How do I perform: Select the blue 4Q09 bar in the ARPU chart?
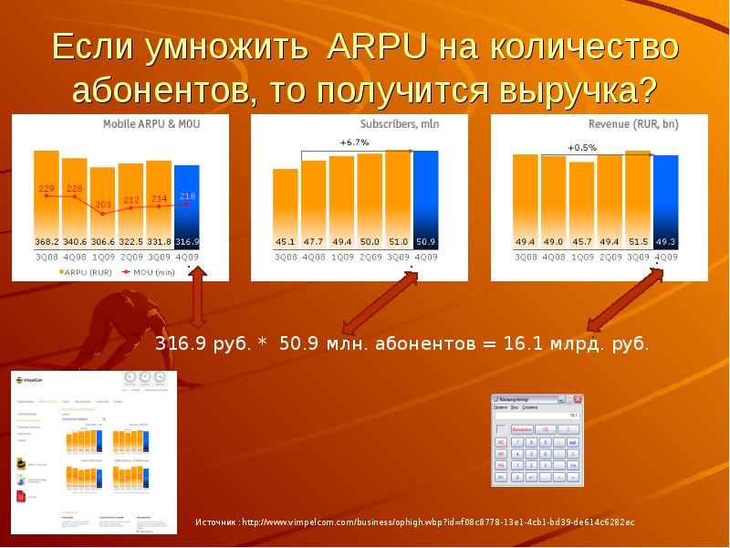(187, 205)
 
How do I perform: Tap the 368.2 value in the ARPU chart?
(47, 242)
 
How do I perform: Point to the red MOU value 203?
(103, 205)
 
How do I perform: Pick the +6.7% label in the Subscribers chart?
(354, 142)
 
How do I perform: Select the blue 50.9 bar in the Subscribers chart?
(425, 201)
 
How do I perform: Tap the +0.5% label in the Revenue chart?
(582, 147)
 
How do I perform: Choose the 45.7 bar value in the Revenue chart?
(581, 242)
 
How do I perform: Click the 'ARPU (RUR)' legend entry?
(85, 272)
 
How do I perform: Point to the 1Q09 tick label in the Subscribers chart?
(342, 258)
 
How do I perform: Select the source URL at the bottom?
(414, 522)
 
